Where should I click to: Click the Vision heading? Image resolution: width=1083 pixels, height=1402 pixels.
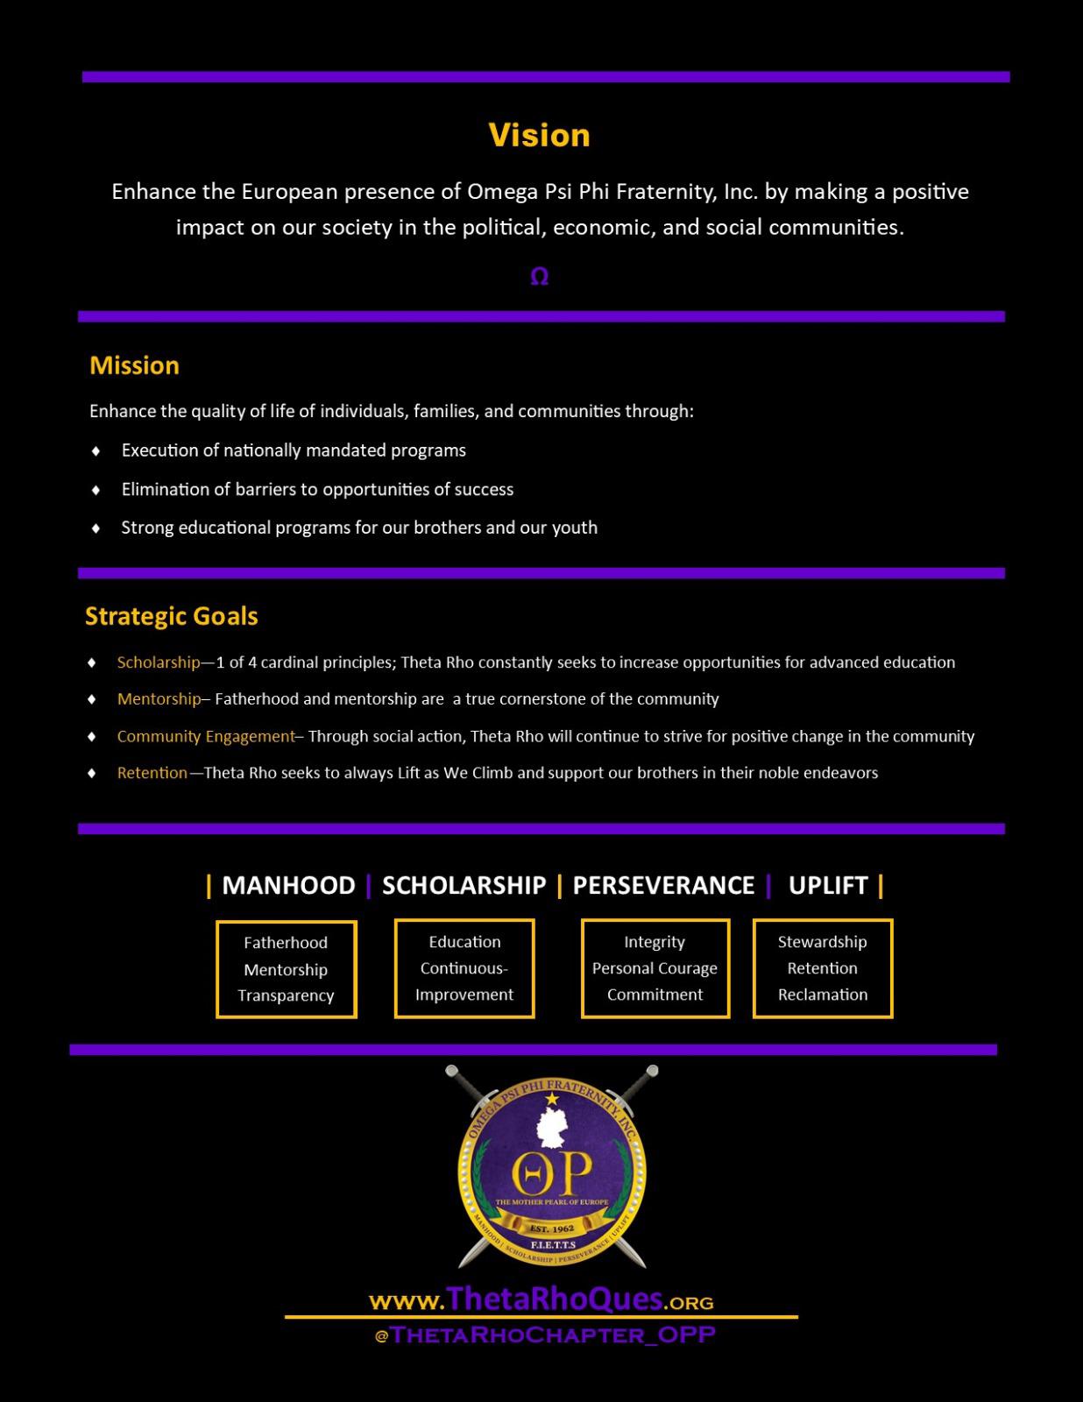539,135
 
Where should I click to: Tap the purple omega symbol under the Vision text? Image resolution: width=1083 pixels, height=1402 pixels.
540,277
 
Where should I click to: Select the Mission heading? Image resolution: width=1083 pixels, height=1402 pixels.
134,365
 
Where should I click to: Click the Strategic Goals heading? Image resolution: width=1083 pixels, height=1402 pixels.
172,616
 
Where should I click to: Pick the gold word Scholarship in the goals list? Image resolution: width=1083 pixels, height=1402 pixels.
159,662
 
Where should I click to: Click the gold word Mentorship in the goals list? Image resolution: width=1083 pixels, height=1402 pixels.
159,699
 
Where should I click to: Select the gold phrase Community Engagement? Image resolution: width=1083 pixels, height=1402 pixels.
206,736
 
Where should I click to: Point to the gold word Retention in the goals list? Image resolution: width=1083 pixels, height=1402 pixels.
152,773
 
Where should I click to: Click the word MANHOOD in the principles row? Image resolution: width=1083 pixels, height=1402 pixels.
288,885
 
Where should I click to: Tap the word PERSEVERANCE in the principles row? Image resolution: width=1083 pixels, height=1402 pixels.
663,885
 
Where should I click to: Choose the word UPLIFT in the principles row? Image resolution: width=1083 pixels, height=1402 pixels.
828,885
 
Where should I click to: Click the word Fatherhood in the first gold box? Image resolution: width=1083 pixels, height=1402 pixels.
286,943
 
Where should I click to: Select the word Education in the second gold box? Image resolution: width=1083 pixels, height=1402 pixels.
464,942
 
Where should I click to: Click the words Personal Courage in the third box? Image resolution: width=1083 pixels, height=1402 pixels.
655,968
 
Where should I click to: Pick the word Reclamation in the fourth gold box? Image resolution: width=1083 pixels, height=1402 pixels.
823,995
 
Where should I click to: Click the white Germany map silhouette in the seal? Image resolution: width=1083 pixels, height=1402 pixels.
553,1130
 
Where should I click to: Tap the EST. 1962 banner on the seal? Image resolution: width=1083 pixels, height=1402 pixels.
552,1229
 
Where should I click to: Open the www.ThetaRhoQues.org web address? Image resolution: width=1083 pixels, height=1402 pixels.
541,1299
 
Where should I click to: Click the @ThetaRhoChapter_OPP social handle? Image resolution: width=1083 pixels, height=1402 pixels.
544,1335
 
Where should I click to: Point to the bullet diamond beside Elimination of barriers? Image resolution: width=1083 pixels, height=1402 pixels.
96,490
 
